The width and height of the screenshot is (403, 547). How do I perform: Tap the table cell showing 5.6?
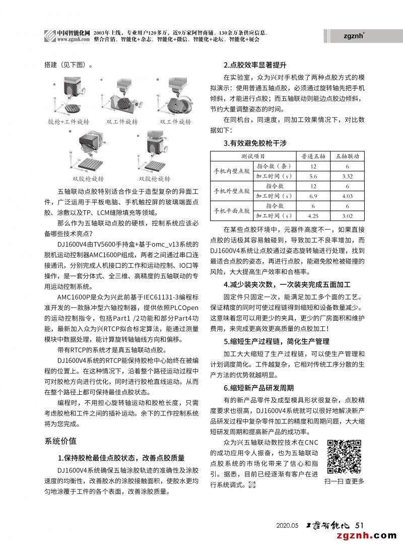313,176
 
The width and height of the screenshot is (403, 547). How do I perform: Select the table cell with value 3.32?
347,176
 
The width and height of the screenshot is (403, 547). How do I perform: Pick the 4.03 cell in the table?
347,196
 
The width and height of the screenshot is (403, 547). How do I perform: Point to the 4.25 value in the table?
313,216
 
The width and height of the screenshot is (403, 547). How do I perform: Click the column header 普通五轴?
313,157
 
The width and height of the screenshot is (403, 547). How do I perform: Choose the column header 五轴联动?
347,157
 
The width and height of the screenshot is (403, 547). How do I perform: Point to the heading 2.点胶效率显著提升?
255,65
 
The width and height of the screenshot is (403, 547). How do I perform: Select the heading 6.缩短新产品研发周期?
259,388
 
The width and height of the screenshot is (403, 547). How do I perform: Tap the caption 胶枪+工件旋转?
68,122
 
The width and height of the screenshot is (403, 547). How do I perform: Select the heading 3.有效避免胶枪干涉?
255,144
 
